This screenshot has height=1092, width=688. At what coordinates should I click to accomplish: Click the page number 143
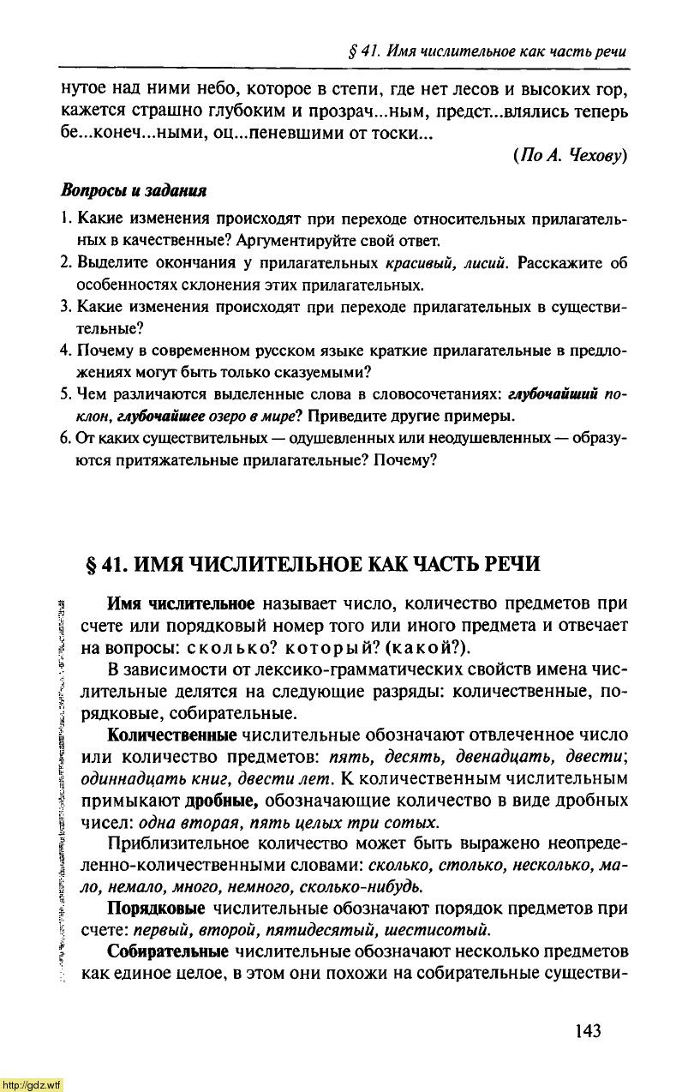point(589,1029)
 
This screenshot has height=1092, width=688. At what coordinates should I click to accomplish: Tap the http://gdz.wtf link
point(32,1084)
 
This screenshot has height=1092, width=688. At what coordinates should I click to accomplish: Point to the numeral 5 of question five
point(64,394)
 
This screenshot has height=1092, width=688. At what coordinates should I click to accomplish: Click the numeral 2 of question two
point(64,262)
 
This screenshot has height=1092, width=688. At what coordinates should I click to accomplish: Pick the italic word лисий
point(486,262)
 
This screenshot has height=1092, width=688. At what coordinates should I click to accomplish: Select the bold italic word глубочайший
point(551,394)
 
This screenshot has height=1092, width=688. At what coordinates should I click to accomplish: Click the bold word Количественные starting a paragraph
point(171,735)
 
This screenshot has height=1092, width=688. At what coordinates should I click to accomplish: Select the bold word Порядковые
point(155,908)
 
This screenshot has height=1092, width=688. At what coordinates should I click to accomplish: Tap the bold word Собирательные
point(167,951)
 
